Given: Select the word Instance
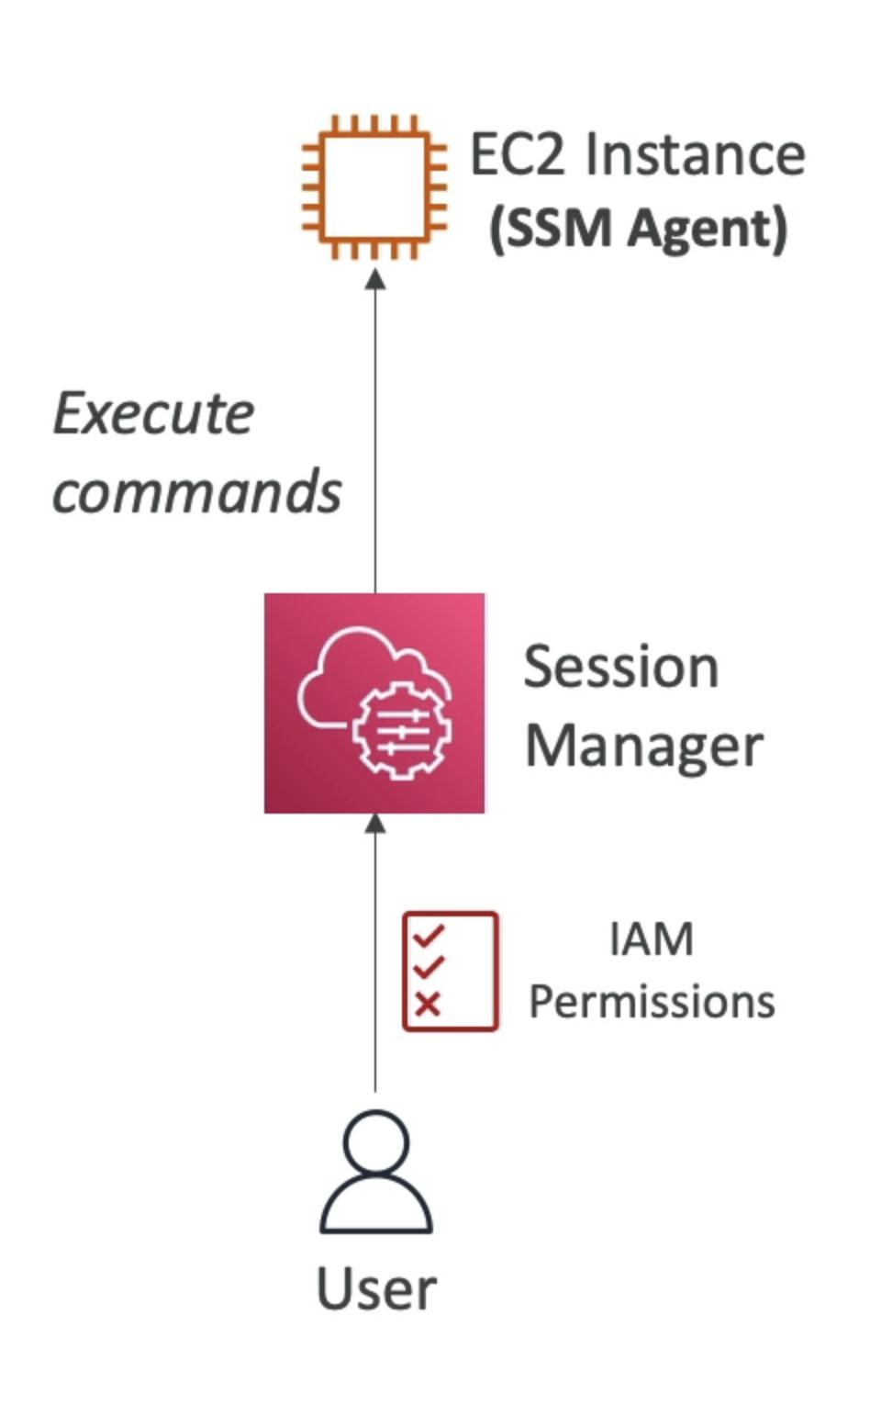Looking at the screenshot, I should pos(695,154).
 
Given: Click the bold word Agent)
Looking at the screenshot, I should pos(707,229).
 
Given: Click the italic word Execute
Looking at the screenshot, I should pos(153,414).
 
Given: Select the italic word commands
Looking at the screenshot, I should pos(196,491).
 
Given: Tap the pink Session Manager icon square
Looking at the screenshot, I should pos(374,703).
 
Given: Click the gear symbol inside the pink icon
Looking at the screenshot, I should pos(401,731).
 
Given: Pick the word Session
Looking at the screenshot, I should pos(620,667).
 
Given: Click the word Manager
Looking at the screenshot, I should pos(643,746).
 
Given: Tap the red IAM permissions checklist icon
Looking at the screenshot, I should pos(451,972).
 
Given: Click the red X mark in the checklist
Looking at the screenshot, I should pos(428,1004).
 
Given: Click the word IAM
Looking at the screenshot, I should pos(651,939).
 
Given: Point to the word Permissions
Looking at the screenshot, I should pos(652,1002).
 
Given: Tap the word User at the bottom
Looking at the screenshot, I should pos(376,1289).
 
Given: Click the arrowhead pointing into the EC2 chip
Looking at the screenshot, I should pos(375,278).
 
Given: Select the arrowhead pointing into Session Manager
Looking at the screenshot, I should pos(375,824).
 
